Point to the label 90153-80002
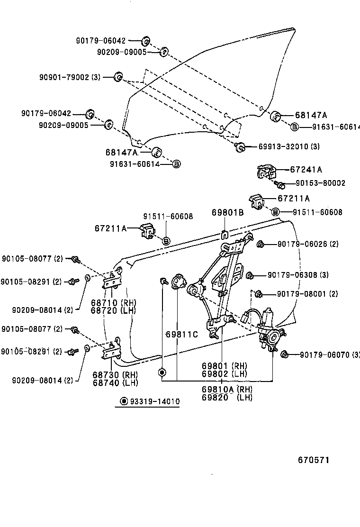coord(320,183)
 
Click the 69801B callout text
coord(227,213)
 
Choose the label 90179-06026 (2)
coord(308,244)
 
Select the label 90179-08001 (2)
coord(307,294)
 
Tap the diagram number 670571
coord(313,460)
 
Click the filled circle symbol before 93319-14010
coord(124,401)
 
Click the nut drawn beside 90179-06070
coord(285,354)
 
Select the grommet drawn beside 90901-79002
coord(119,77)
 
